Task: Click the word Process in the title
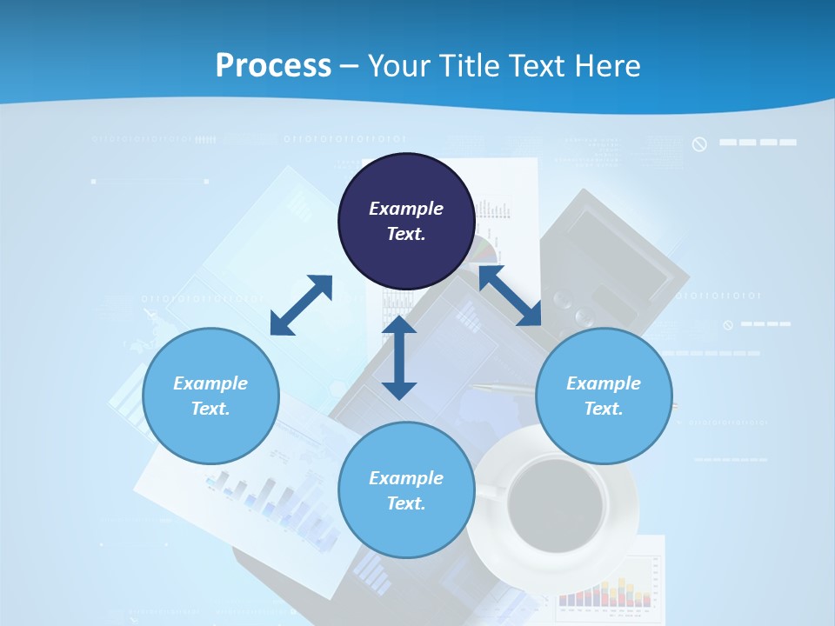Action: (273, 66)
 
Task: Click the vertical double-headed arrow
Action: (399, 357)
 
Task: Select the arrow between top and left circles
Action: (301, 305)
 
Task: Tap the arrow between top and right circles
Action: (510, 296)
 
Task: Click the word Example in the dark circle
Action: (406, 209)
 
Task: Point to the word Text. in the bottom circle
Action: (406, 503)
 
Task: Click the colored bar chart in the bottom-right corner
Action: (605, 591)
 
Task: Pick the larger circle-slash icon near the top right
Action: (699, 144)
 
